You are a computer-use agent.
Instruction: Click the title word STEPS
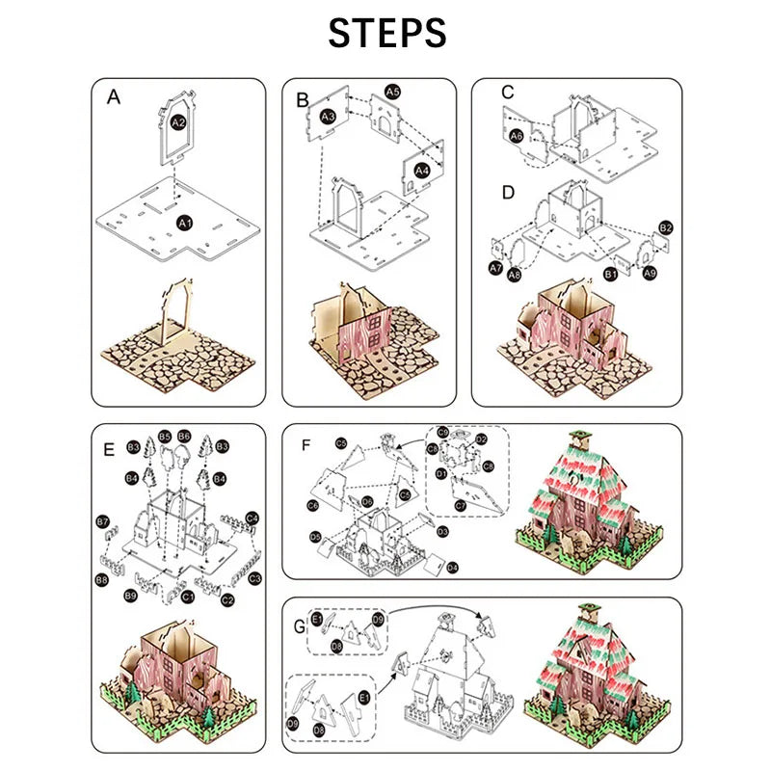pos(387,33)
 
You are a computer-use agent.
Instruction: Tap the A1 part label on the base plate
pos(183,222)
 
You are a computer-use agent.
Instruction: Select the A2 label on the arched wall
pos(178,123)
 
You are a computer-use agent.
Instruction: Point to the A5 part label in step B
pos(392,92)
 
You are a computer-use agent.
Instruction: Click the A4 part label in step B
pos(422,170)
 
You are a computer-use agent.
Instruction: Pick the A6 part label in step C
pos(517,137)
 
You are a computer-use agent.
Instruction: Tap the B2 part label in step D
pos(665,227)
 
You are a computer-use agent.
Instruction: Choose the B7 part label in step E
pos(103,521)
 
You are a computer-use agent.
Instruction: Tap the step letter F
pos(306,444)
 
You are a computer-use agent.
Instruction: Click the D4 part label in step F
pos(453,568)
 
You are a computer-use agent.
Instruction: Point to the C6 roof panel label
pos(313,505)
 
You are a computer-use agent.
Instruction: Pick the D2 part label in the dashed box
pos(482,439)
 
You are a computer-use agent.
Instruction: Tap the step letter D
pos(508,193)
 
